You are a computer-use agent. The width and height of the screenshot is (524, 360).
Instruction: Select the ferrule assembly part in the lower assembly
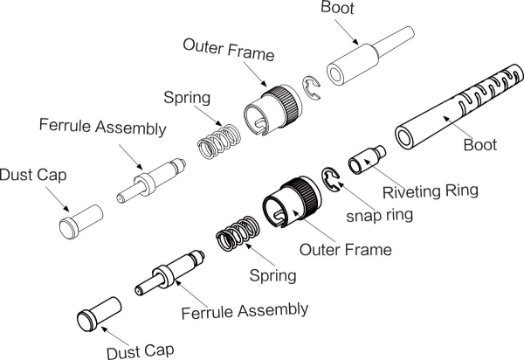coord(169,272)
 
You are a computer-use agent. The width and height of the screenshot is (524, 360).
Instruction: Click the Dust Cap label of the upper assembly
coord(32,175)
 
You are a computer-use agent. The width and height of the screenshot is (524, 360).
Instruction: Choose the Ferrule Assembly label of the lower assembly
coord(245,310)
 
